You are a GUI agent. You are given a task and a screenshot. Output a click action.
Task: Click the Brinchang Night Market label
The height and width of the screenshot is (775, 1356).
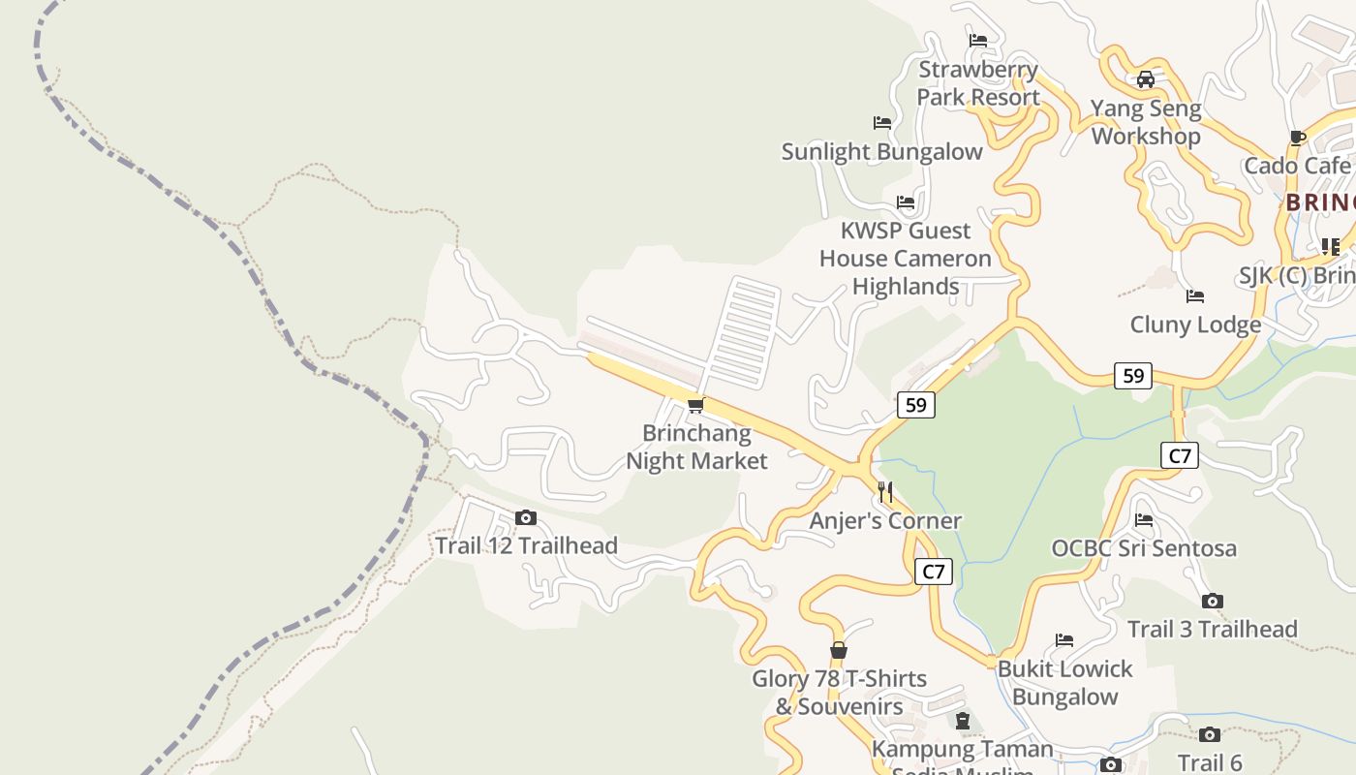coord(696,447)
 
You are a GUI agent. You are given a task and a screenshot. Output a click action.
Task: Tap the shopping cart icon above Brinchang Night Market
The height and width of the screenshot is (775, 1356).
coord(695,405)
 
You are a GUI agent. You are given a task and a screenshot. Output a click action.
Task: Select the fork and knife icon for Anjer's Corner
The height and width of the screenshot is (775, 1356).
coord(885,492)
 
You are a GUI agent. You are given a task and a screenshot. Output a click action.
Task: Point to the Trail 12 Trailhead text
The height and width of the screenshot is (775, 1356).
coord(526,545)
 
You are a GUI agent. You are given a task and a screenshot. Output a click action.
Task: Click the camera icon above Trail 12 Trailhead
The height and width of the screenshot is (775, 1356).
coord(526,518)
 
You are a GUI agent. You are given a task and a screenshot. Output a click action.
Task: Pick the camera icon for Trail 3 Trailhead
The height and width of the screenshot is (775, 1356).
coord(1212,602)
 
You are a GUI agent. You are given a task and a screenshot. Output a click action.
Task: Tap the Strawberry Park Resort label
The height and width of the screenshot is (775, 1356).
coord(978,83)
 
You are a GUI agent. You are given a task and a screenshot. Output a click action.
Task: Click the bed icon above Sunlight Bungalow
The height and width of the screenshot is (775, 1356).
coord(882,123)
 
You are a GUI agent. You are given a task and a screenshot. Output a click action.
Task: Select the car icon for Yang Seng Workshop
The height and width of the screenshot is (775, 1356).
coord(1145,79)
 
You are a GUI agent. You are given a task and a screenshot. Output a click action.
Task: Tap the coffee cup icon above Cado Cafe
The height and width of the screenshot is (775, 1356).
coord(1298,138)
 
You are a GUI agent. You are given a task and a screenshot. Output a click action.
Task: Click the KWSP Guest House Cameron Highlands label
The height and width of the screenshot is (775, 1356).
coord(906,259)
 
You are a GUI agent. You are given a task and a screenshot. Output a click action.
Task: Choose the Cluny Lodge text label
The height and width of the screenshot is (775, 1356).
coord(1195,325)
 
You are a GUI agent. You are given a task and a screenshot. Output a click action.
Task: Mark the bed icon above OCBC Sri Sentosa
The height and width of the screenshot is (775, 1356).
coord(1144,520)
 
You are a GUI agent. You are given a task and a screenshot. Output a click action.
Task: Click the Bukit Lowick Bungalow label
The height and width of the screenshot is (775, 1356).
coord(1064,683)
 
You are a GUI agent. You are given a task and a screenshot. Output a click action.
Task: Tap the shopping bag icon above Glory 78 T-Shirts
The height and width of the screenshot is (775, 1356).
coord(839,650)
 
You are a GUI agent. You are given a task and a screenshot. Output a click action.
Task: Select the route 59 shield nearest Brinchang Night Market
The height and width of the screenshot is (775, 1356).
coord(915,405)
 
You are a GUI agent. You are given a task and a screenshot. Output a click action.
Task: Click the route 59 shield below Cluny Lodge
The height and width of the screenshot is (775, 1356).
coord(1132,375)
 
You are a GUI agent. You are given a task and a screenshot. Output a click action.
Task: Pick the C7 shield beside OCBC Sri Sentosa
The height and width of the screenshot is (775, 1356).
coord(1179,455)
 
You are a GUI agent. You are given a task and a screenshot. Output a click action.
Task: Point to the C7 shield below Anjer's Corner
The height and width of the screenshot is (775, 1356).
coord(933,572)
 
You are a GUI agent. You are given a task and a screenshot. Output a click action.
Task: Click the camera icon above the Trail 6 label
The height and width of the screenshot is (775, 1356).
coord(1210,735)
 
